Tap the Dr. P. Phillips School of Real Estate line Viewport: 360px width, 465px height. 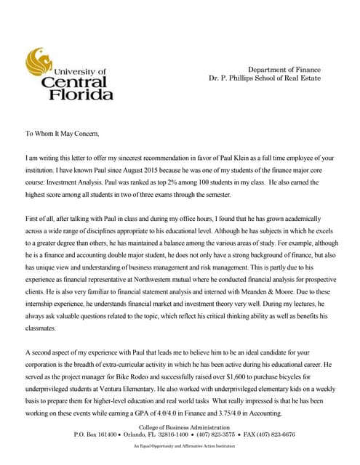click(x=265, y=77)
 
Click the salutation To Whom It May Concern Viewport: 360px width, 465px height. click(x=62, y=134)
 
